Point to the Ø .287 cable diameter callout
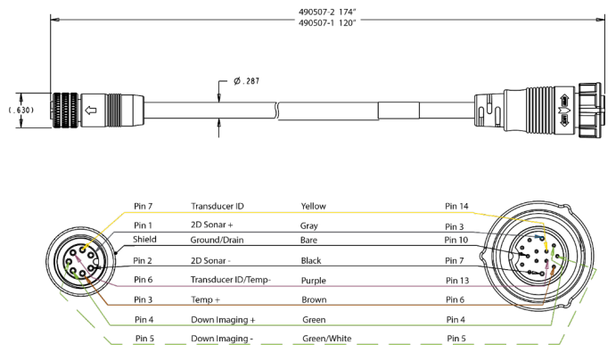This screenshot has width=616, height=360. point(247,81)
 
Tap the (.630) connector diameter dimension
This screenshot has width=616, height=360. point(20,110)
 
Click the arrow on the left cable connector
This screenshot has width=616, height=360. point(90,110)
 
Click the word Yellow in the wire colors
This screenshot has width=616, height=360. point(314,207)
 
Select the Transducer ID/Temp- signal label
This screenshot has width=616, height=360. point(231,280)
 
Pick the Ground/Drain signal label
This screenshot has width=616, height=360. point(222,241)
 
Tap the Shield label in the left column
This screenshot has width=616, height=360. point(144,241)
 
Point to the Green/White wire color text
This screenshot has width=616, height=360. point(328,339)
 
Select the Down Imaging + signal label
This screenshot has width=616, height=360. point(223,319)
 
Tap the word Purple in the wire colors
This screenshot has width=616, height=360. point(314,280)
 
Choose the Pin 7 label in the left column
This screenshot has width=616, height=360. point(144,207)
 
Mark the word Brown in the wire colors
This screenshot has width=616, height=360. point(314,299)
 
